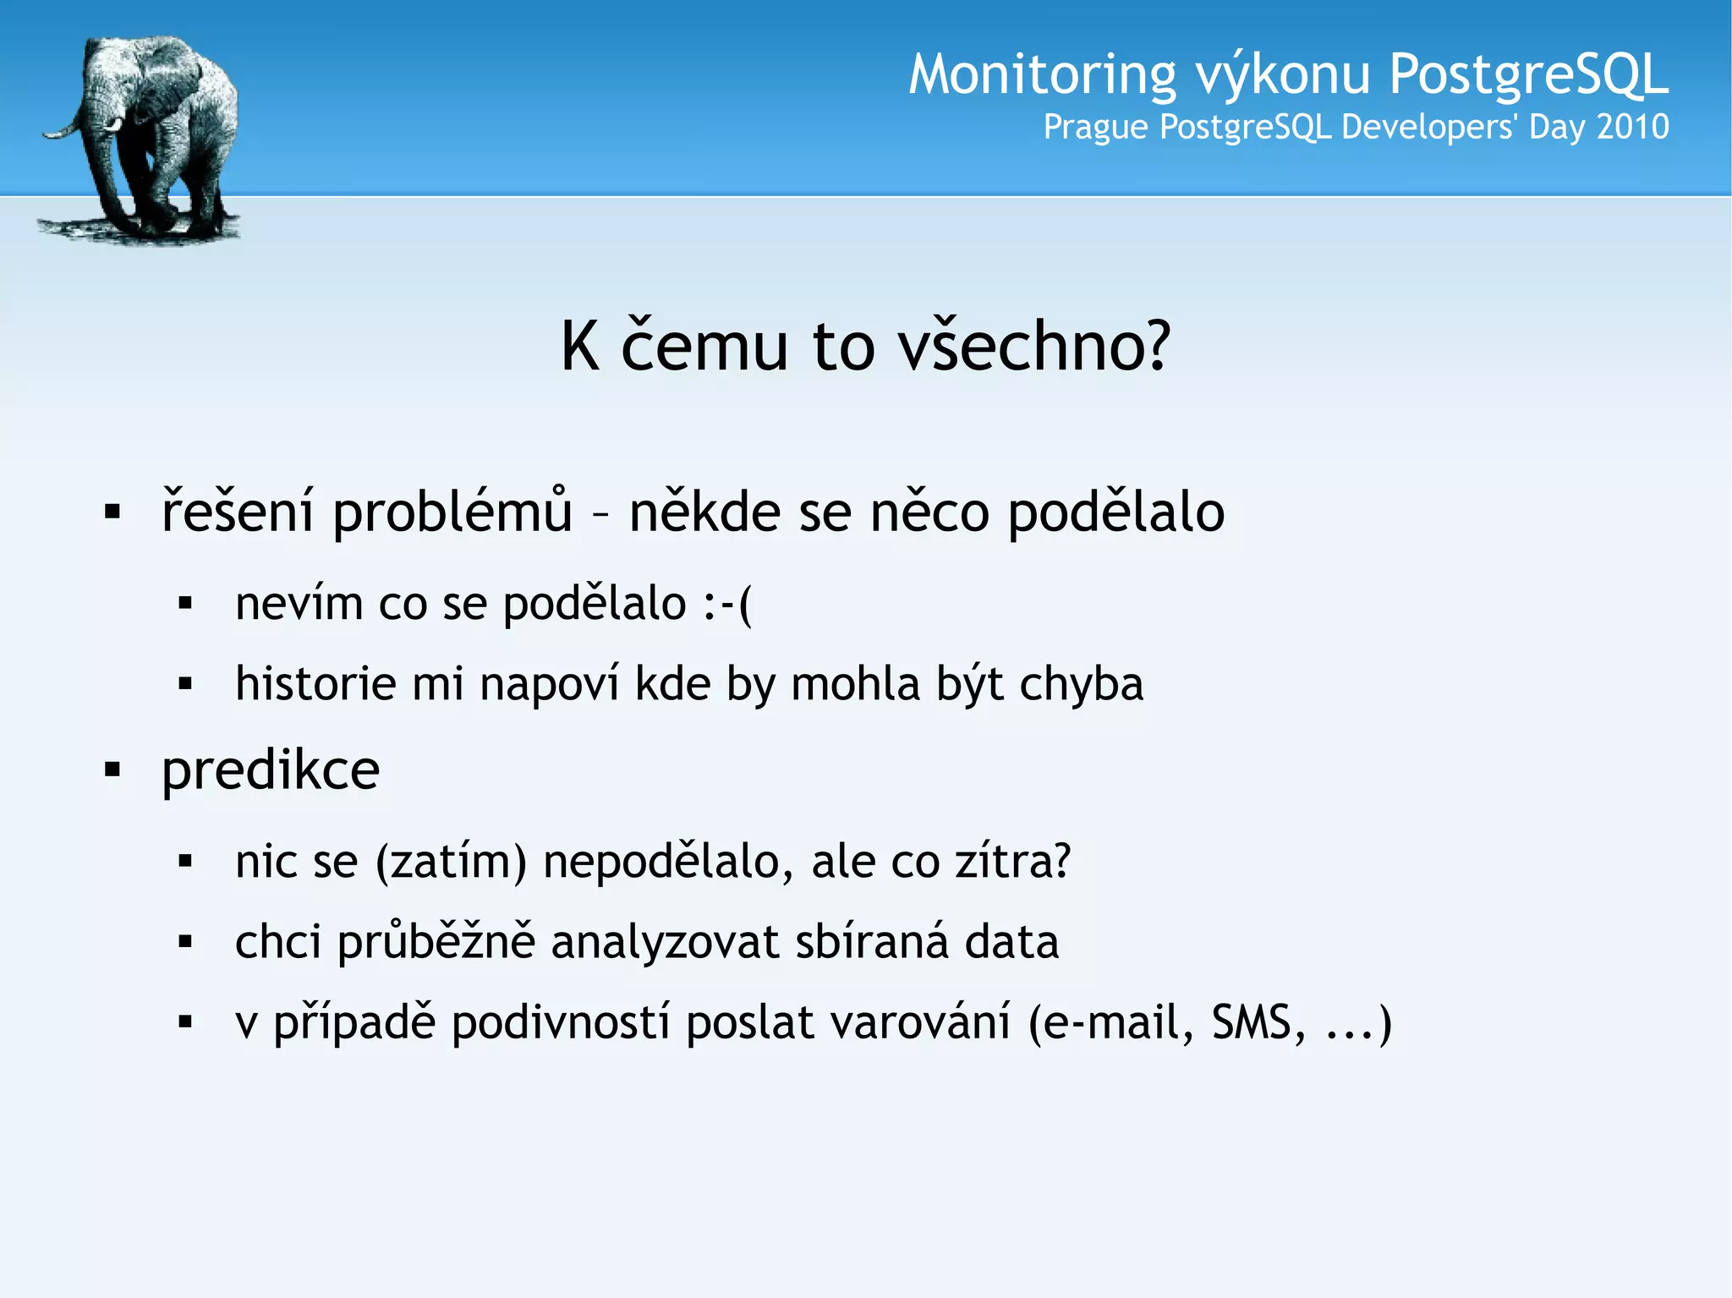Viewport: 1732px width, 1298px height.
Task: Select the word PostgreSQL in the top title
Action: (1528, 74)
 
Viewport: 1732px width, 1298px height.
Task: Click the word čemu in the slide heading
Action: (704, 346)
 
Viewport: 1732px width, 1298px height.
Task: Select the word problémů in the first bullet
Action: (452, 512)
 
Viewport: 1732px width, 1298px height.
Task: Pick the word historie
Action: (315, 683)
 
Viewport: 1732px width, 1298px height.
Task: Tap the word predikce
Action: (271, 770)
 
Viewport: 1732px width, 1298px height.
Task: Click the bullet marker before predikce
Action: (112, 769)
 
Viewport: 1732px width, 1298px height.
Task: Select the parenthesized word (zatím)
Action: (451, 862)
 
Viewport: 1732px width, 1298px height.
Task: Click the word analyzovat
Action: (664, 942)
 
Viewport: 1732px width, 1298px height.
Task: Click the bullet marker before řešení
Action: (112, 512)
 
